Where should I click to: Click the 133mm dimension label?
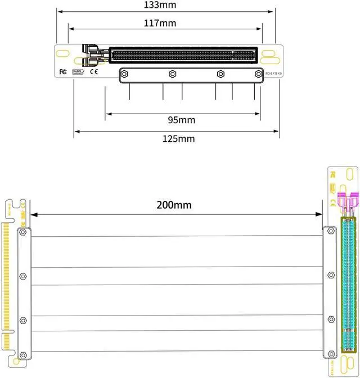(x=160, y=5)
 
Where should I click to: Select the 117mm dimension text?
(x=160, y=23)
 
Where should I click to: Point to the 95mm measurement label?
(x=182, y=120)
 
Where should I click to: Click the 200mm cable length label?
(x=174, y=205)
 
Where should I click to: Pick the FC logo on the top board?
(x=63, y=71)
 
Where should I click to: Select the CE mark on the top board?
(x=94, y=71)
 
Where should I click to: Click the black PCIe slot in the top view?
(x=183, y=55)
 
